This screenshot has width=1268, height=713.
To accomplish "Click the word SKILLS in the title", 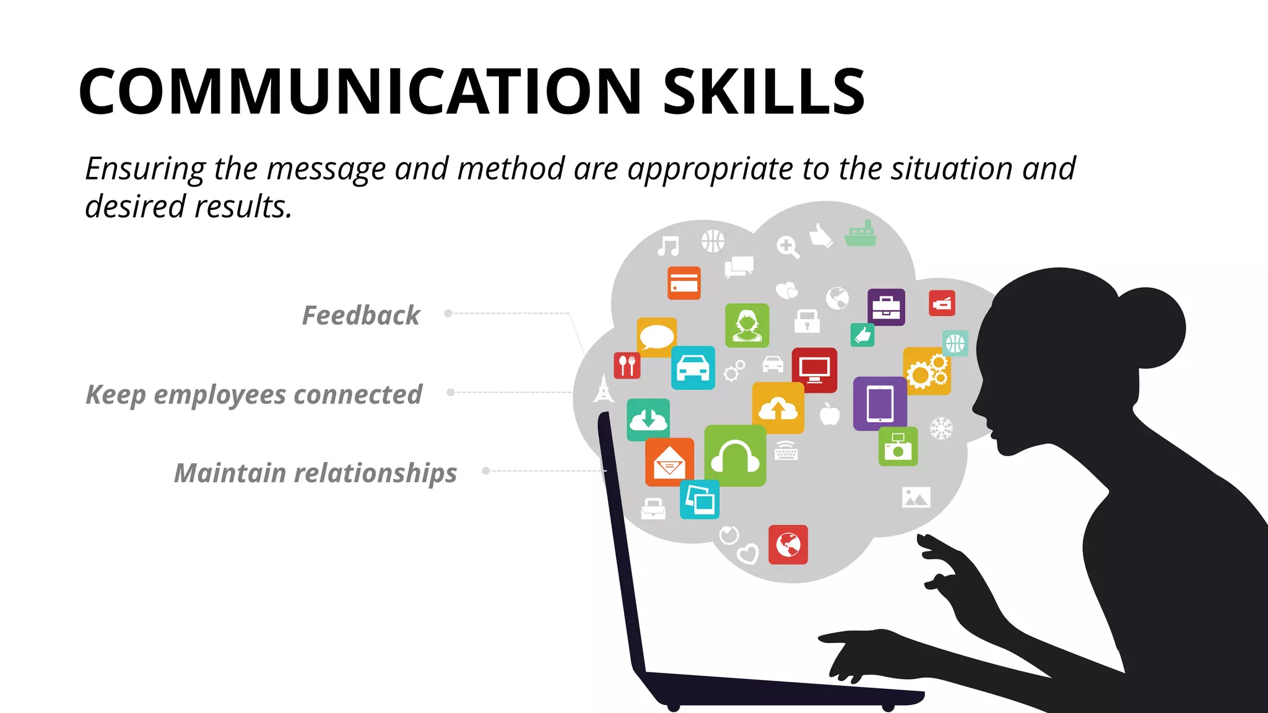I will click(x=763, y=92).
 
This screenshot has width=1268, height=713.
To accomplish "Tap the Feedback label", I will click(x=361, y=315).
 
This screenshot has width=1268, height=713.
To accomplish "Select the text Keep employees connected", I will click(x=254, y=394).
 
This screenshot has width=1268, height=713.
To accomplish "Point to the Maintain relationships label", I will click(x=316, y=473).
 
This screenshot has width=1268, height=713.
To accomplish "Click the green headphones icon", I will click(x=735, y=456).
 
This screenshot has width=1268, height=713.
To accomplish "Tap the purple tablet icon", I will click(x=879, y=404).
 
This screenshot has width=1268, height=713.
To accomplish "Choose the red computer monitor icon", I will click(x=814, y=370).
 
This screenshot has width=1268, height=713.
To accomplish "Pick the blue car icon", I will click(x=693, y=368).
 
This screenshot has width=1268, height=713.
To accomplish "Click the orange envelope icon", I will click(x=669, y=462).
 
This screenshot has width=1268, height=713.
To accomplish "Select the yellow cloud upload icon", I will click(x=778, y=408).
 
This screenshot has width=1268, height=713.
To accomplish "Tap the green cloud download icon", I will click(x=648, y=420).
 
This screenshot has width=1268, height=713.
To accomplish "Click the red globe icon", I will click(x=788, y=545).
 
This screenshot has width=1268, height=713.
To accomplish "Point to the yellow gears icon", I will click(x=926, y=371).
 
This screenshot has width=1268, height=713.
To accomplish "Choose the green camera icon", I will click(x=898, y=446).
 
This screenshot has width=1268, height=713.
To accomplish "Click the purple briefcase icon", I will click(x=886, y=307).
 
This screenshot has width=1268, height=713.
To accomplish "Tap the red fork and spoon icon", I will click(x=627, y=365).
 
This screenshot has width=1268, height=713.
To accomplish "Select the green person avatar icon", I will click(x=747, y=326).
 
